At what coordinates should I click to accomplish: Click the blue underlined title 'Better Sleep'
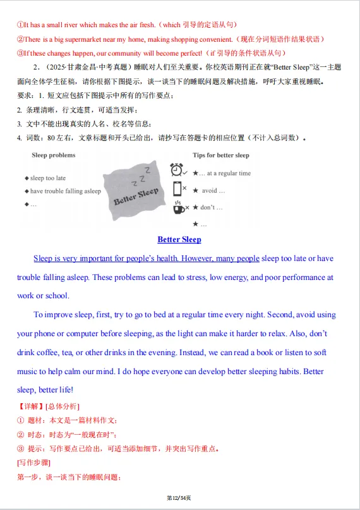pyautogui.click(x=179, y=240)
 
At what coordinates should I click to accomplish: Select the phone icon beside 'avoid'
pyautogui.click(x=177, y=188)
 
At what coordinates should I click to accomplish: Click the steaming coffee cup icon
pyautogui.click(x=179, y=206)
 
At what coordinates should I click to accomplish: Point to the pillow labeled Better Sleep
pyautogui.click(x=136, y=190)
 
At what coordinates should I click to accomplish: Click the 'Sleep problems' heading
pyautogui.click(x=53, y=155)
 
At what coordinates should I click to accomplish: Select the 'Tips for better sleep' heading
pyautogui.click(x=220, y=155)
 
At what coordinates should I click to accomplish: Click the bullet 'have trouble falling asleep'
pyautogui.click(x=65, y=191)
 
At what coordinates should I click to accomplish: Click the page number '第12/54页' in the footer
pyautogui.click(x=179, y=499)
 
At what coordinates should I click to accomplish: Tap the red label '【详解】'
pyautogui.click(x=30, y=406)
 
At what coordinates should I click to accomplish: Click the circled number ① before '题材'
pyautogui.click(x=21, y=420)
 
